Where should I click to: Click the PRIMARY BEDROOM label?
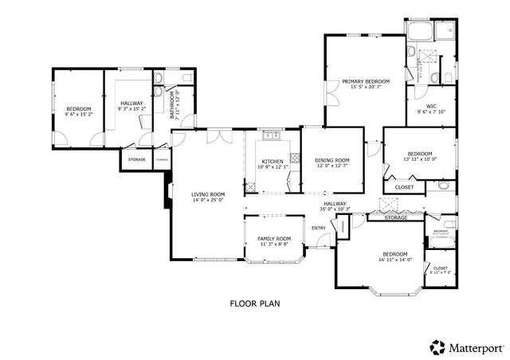(366, 81)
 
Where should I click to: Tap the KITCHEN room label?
(273, 162)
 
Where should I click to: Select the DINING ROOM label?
(333, 160)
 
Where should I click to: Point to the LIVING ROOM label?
(207, 194)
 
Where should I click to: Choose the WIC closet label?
(431, 106)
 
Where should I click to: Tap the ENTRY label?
(319, 229)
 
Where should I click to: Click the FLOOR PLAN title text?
(255, 303)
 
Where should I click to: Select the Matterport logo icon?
(437, 347)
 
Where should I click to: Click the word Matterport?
(477, 347)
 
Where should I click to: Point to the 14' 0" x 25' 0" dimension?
(207, 201)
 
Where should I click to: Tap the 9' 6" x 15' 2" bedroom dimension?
(79, 115)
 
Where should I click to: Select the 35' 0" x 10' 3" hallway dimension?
(335, 209)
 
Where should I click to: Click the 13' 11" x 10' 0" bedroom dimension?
(420, 159)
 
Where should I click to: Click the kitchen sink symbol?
(273, 136)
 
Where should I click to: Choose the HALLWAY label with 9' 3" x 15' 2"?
(132, 103)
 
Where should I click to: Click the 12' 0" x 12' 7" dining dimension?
(333, 166)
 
